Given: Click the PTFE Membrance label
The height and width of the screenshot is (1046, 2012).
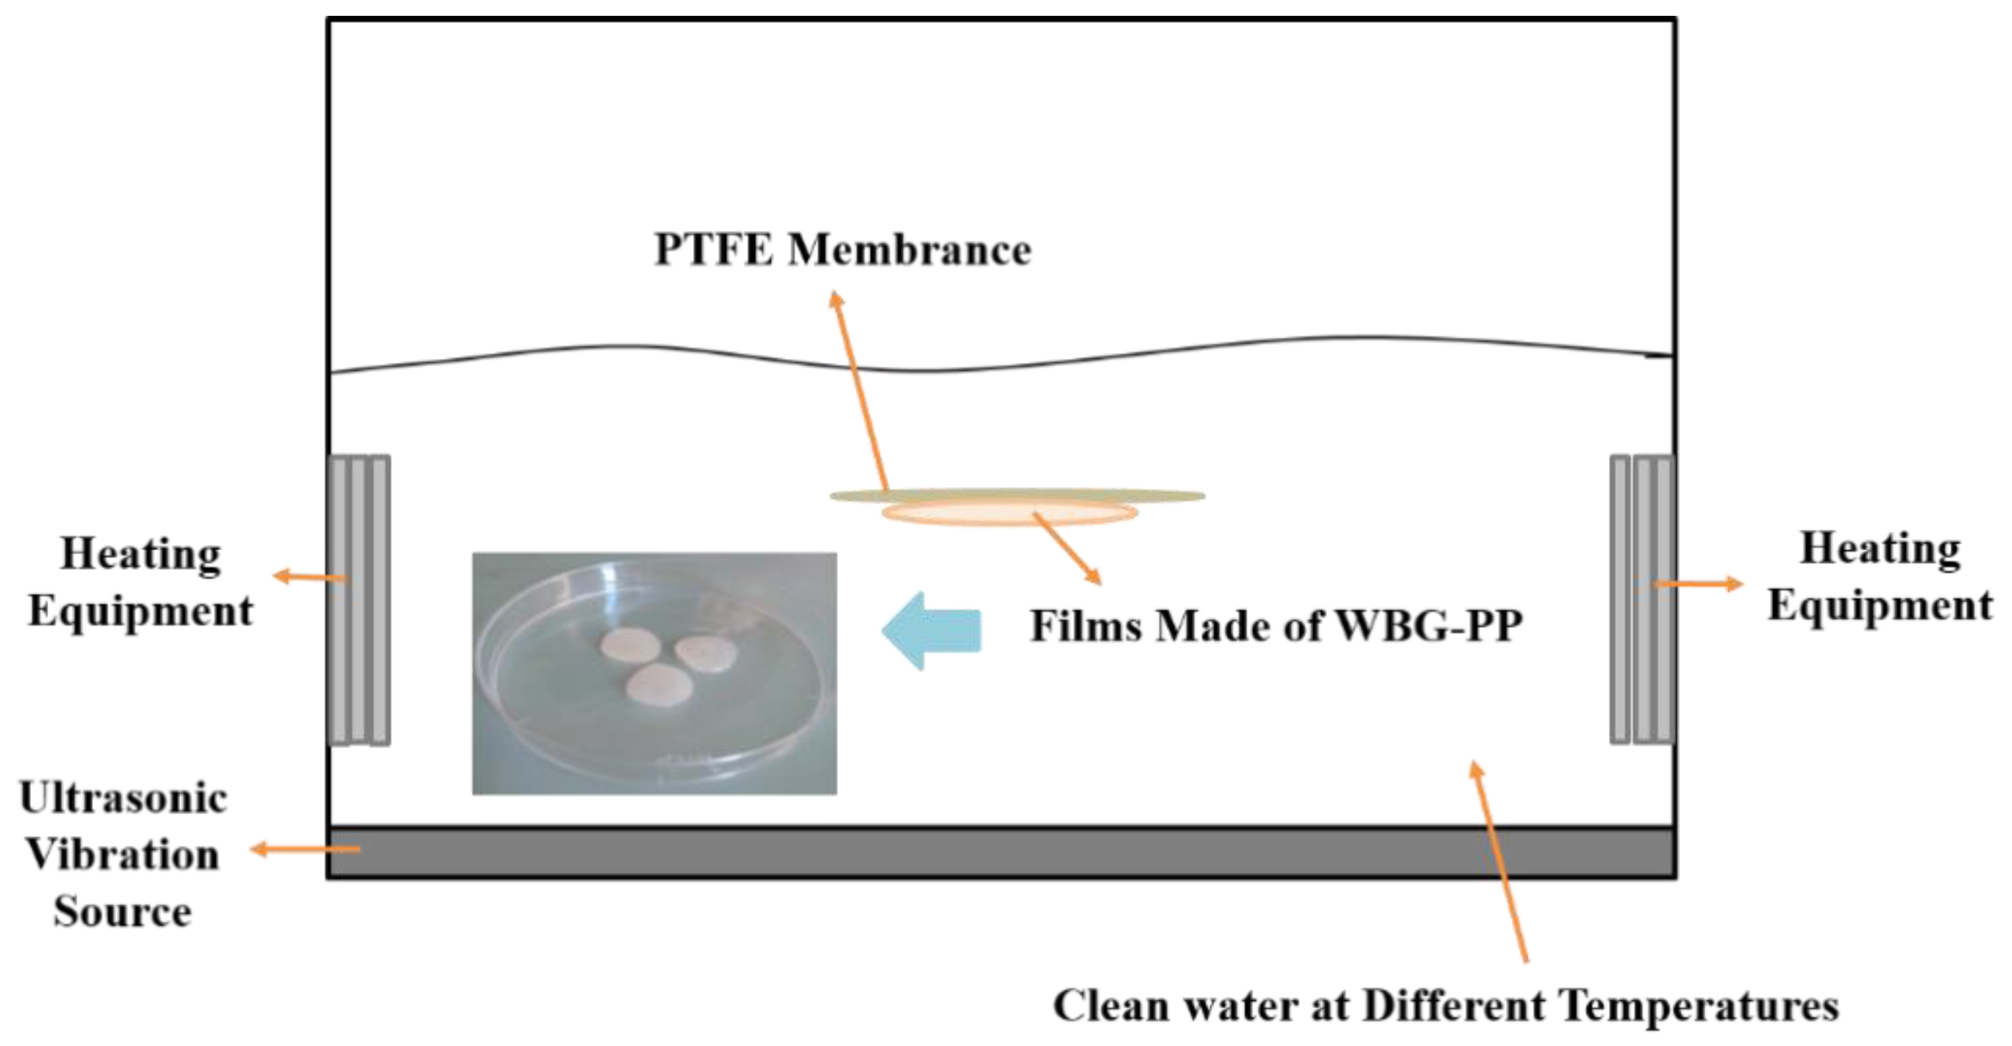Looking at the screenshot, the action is tap(843, 251).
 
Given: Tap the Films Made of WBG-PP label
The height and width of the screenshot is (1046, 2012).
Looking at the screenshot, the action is tap(1275, 626).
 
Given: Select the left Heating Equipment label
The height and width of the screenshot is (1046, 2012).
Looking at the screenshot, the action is tap(141, 583).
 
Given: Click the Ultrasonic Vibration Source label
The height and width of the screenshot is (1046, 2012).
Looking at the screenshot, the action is tap(123, 855).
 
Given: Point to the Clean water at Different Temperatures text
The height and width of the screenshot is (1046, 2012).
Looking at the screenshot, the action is tap(1446, 1006).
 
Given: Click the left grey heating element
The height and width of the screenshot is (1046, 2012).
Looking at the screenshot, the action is tap(359, 599).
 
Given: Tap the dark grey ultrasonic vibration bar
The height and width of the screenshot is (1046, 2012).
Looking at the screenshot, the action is tap(1002, 852).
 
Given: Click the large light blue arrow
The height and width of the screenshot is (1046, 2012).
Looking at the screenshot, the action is tap(931, 631).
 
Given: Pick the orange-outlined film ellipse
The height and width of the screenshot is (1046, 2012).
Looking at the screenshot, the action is tap(1010, 513).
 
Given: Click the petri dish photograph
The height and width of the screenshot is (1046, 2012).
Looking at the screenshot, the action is tap(655, 673).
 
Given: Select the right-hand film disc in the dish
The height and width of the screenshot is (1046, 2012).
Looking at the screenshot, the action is tap(705, 653).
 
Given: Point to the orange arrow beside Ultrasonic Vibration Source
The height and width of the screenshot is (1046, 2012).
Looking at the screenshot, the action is tap(306, 850).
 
